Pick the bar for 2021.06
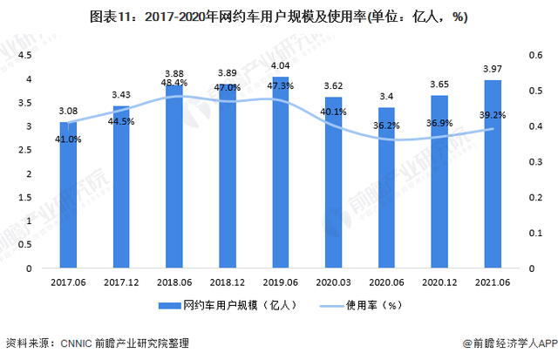point(491,174)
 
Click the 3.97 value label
point(491,70)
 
